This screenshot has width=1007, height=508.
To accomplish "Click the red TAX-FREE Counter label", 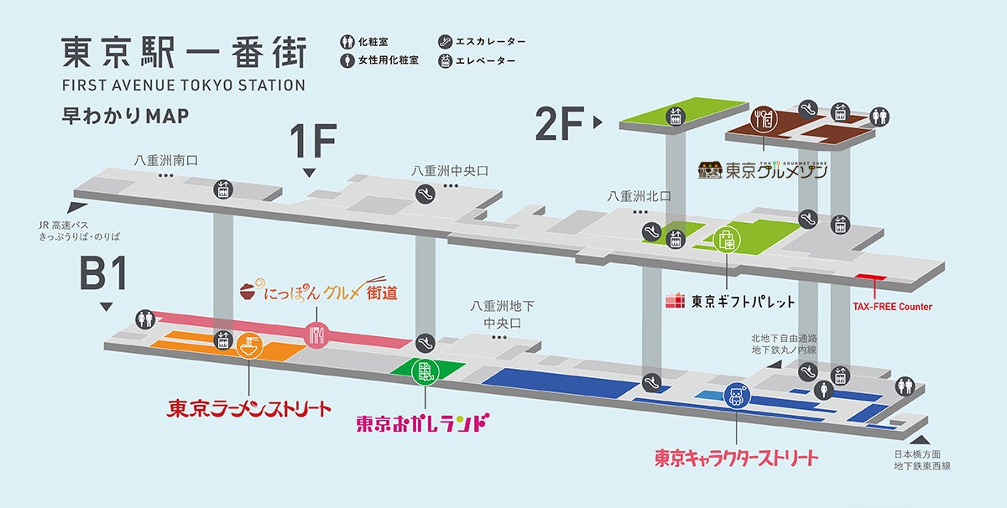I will tap(891, 307).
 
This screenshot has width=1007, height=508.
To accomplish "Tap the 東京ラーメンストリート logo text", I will tap(249, 408).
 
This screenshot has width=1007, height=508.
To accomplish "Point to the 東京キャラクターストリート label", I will tap(736, 458).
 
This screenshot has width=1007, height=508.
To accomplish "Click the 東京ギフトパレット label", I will tap(729, 300).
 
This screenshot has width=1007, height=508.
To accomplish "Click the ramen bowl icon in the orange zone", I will tap(249, 345).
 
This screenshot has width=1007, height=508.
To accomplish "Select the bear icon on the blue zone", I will tap(736, 395).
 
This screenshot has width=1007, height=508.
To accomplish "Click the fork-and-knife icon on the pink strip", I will tap(316, 334).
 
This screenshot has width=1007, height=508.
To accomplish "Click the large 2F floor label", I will tap(559, 124).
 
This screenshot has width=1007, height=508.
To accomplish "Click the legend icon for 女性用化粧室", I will tap(347, 61).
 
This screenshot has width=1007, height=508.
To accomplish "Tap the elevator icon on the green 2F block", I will tap(675, 117).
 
